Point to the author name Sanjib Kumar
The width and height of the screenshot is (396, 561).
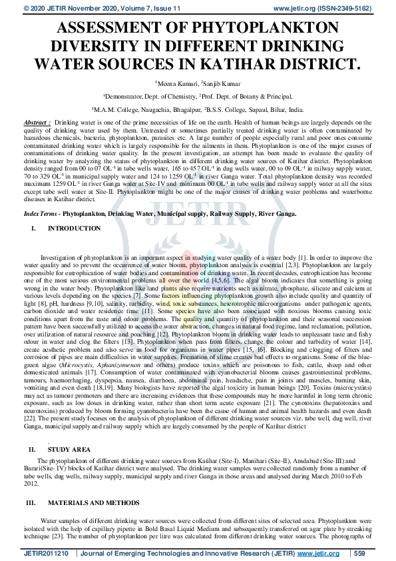point(224,83)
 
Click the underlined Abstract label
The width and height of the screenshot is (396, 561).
point(37,124)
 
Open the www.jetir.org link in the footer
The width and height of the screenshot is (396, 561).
point(315,553)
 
